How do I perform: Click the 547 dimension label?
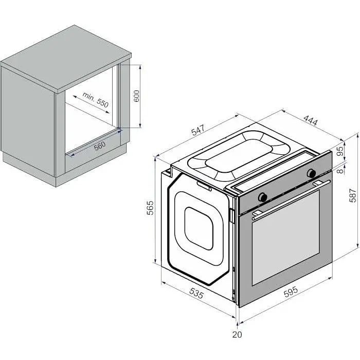click(197, 130)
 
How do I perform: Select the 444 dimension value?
click(311, 120)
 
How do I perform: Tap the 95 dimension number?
click(340, 151)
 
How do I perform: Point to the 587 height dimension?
click(353, 195)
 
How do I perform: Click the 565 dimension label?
click(150, 208)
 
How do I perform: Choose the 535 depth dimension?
click(196, 293)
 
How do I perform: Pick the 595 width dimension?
click(291, 292)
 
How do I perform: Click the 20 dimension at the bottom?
click(237, 334)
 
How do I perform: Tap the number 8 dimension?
click(341, 171)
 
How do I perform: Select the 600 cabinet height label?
click(136, 96)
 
